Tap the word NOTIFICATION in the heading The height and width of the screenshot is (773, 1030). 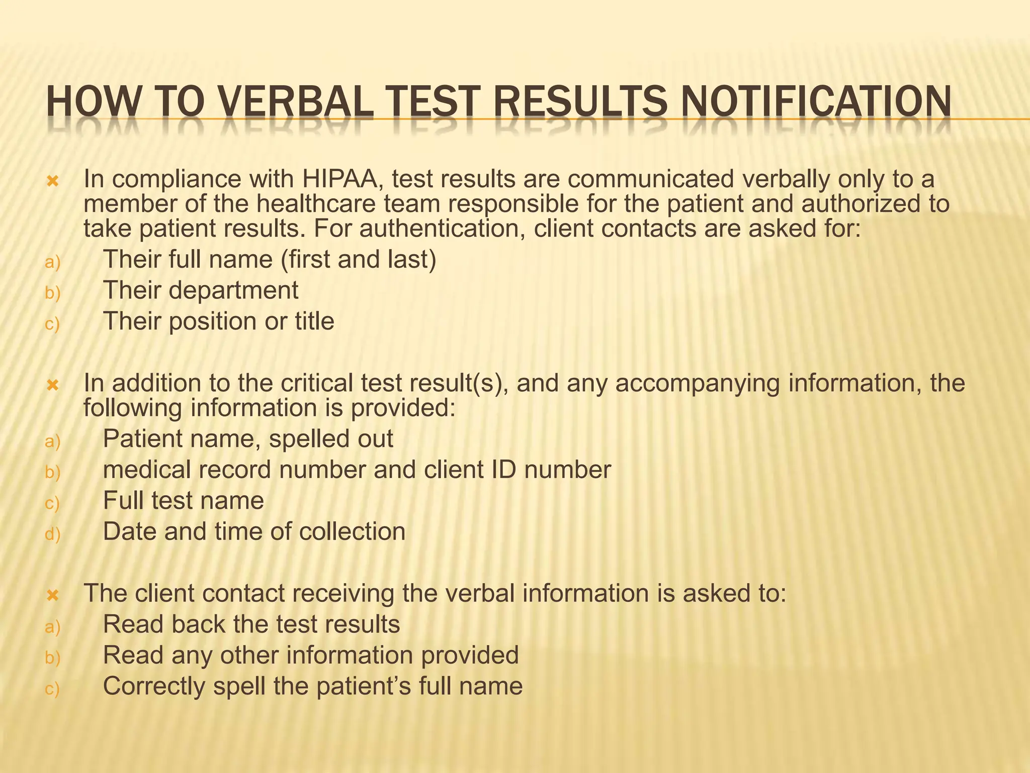pyautogui.click(x=814, y=103)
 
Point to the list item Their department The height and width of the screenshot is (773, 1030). pyautogui.click(x=200, y=290)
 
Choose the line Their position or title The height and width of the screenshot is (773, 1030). pyautogui.click(x=218, y=321)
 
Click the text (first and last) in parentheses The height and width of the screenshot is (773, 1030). pyautogui.click(x=358, y=260)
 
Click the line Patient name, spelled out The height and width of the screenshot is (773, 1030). pyautogui.click(x=247, y=439)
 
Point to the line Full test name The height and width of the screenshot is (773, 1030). pyautogui.click(x=183, y=501)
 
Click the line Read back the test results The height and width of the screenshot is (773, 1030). pyautogui.click(x=251, y=625)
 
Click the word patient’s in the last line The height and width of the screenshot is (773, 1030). pyautogui.click(x=363, y=686)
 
